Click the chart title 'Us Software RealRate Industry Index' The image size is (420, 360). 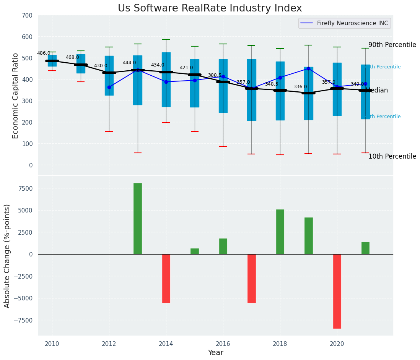(x=210, y=8)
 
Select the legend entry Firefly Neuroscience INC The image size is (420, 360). (x=352, y=23)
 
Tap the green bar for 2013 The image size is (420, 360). (x=138, y=219)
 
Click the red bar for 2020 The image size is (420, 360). (x=337, y=291)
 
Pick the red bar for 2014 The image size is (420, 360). (x=166, y=278)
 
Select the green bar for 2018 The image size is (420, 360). (x=280, y=232)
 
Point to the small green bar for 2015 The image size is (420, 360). (x=195, y=251)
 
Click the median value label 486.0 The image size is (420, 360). (x=44, y=53)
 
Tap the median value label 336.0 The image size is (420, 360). (x=300, y=87)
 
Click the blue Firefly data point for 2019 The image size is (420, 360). (x=308, y=69)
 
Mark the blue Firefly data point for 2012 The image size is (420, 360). (x=109, y=87)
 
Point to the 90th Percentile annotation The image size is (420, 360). (x=392, y=45)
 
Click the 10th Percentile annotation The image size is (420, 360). (x=392, y=156)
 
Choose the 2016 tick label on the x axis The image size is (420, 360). (x=223, y=344)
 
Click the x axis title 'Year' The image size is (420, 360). (x=215, y=353)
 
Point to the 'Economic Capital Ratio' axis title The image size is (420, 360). (x=16, y=96)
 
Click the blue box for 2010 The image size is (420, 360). (x=52, y=57)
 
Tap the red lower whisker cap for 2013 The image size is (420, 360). (x=138, y=153)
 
